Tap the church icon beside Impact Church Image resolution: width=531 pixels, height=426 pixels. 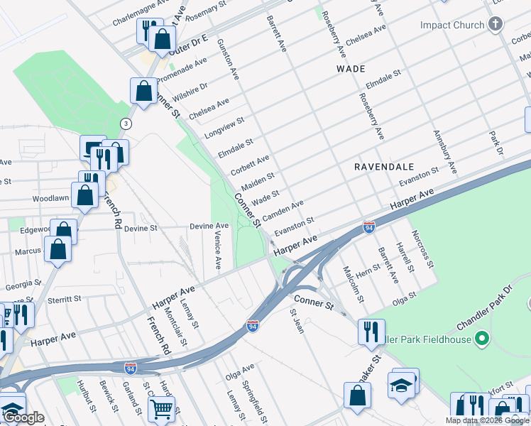pos(496,25)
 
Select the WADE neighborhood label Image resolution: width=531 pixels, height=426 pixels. pos(351,69)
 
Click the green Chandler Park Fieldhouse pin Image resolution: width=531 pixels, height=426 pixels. pos(483,338)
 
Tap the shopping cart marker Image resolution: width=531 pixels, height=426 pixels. pos(161,408)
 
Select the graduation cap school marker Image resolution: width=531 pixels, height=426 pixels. pos(401,385)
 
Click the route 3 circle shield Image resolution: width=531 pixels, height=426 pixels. pos(126,124)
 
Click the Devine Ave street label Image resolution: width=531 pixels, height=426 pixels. pos(209,226)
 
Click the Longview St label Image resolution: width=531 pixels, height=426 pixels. pos(224,127)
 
